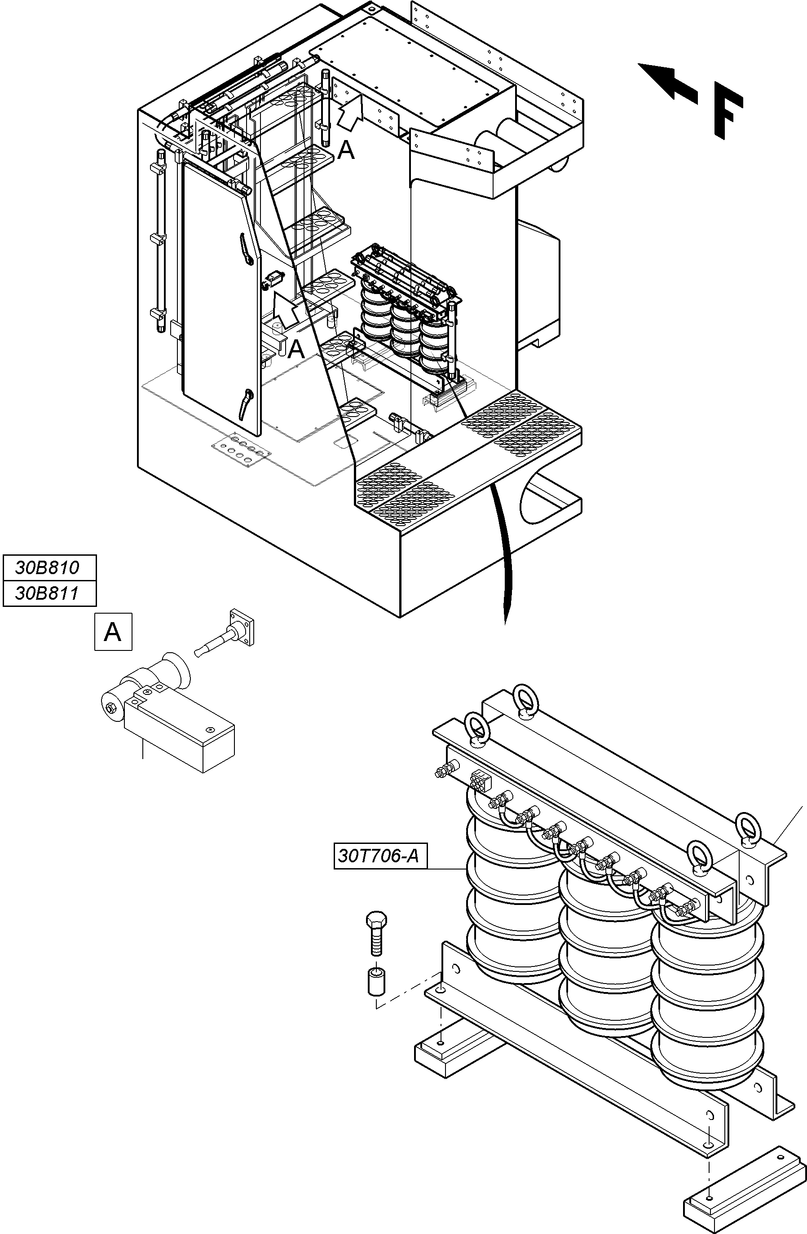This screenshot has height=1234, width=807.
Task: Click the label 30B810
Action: tap(48, 567)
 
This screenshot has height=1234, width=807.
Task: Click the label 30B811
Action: tap(48, 593)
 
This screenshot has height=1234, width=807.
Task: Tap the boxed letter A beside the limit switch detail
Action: tap(113, 632)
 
